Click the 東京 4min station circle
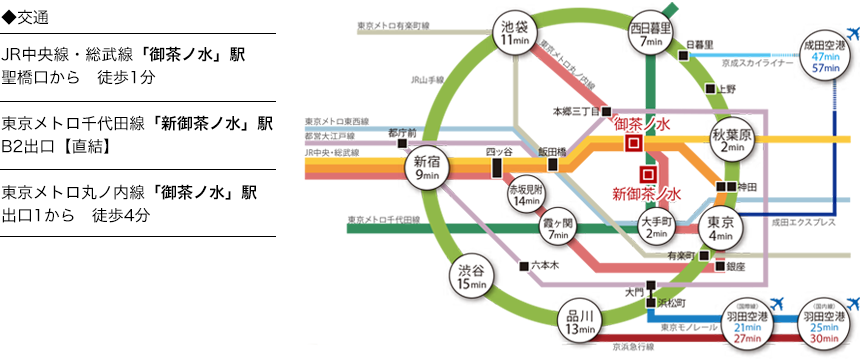(720, 229)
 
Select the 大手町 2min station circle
(656, 227)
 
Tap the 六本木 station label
(544, 266)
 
